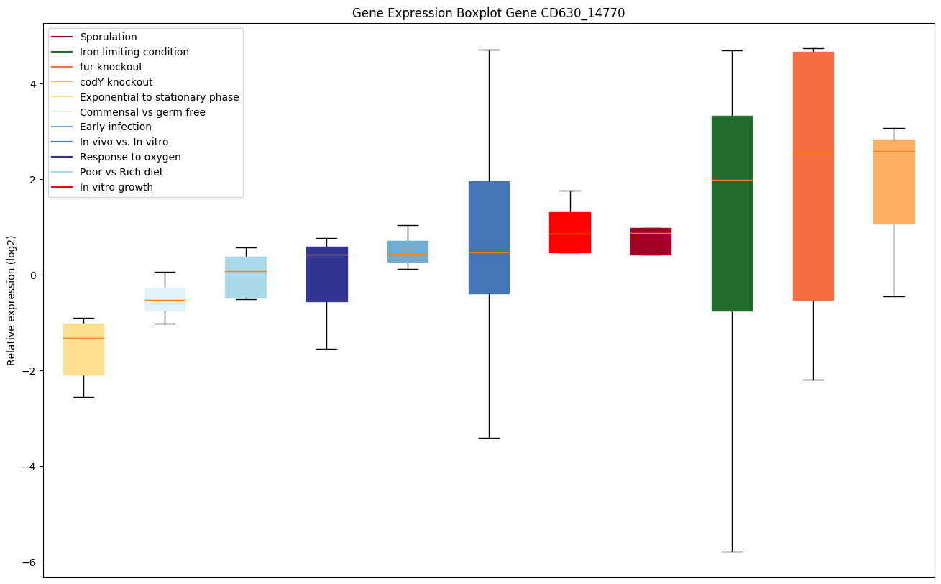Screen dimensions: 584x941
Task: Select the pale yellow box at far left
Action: [83, 350]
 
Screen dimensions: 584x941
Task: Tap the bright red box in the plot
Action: [570, 232]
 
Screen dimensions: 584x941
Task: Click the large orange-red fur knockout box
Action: [813, 175]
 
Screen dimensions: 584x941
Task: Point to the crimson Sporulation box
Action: [651, 242]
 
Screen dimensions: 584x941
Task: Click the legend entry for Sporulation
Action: [109, 37]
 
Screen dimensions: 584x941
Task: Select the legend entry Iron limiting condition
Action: [134, 52]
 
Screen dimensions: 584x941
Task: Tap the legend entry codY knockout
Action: [116, 82]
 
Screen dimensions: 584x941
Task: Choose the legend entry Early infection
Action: [116, 127]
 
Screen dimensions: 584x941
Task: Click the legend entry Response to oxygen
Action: [130, 157]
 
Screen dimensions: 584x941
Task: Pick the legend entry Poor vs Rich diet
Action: [121, 172]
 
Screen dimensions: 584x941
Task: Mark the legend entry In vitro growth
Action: [116, 187]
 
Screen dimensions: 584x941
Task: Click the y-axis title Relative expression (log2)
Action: [11, 300]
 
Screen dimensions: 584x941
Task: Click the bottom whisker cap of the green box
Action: [732, 552]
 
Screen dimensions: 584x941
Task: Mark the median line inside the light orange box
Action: [894, 152]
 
